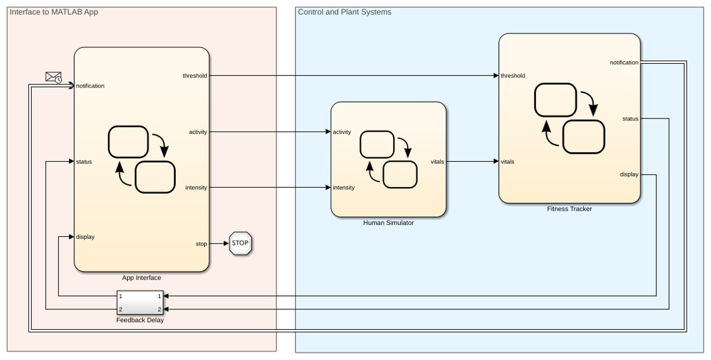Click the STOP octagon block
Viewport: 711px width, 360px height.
240,244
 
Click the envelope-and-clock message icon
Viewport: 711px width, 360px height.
54,77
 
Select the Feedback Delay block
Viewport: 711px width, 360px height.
140,303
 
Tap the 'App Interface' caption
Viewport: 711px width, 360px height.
142,278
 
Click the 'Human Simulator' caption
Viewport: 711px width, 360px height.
388,223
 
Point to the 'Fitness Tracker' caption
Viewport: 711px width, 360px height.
569,209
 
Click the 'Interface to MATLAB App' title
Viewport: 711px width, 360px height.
54,12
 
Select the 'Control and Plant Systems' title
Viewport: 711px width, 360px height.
344,12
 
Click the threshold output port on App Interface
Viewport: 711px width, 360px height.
195,76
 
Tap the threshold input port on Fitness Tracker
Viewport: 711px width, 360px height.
513,76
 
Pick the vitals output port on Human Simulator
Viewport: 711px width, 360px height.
438,162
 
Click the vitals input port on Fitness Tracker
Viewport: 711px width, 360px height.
508,162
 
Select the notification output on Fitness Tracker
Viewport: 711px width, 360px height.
624,63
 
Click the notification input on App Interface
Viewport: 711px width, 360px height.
90,86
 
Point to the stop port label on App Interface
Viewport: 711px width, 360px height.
201,244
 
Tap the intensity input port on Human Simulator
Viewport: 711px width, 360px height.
344,188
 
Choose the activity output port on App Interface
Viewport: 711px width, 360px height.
198,132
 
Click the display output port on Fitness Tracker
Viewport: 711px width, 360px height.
629,174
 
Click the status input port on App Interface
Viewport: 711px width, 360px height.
84,162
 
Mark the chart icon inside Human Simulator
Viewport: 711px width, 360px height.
388,159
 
